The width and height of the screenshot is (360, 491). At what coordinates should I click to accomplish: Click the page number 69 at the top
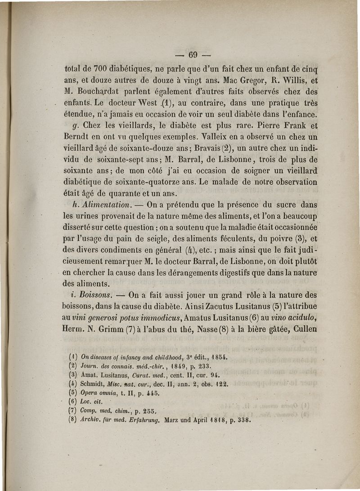(x=193, y=55)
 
